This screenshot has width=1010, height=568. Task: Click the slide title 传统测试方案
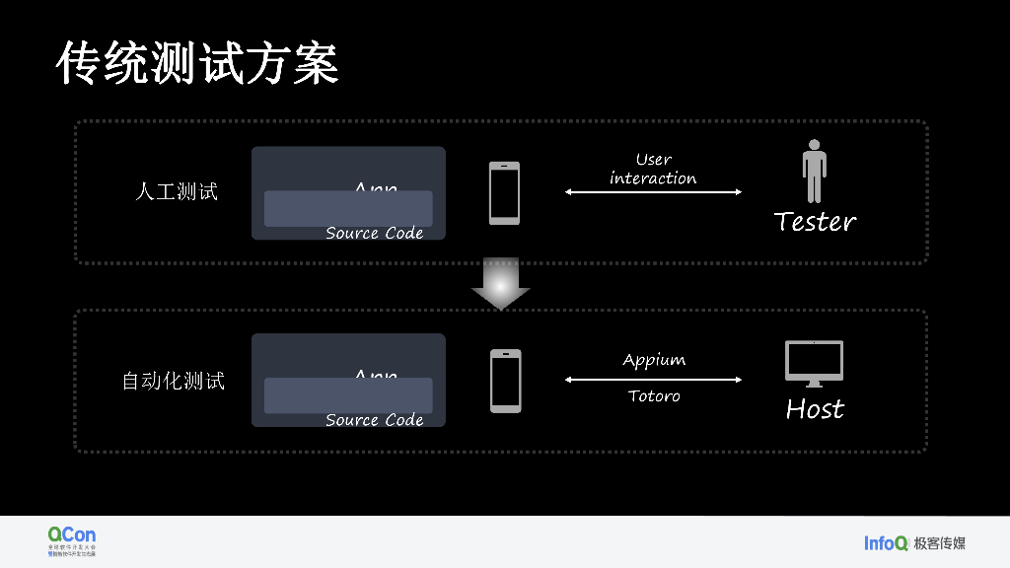(197, 63)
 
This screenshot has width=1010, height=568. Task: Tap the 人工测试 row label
(176, 192)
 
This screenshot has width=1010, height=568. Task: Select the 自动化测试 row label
(173, 380)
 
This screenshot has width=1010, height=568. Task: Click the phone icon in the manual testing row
(504, 192)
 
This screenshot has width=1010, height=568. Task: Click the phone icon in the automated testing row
(505, 380)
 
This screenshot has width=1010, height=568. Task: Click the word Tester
(815, 221)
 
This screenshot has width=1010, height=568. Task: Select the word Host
(815, 408)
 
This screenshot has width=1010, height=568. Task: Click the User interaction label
(653, 169)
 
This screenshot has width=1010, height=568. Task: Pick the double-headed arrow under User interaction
(653, 192)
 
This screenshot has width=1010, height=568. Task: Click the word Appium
(654, 360)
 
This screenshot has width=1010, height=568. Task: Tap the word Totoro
(654, 396)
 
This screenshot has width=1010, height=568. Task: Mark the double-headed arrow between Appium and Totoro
(653, 379)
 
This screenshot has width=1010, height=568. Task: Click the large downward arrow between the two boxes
(501, 285)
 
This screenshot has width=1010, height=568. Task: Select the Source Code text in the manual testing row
(374, 233)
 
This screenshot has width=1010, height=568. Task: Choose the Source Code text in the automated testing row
(374, 420)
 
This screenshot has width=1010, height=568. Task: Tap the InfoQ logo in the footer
(886, 542)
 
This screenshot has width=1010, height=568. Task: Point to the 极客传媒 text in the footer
(939, 542)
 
